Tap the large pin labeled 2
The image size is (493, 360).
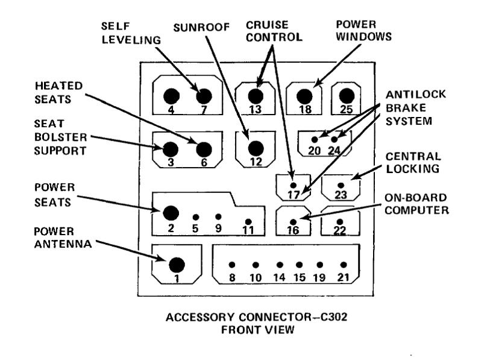(171, 212)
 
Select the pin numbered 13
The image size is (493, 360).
(256, 96)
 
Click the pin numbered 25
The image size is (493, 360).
(345, 96)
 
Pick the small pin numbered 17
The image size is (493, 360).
(294, 185)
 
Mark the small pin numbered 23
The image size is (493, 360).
(341, 185)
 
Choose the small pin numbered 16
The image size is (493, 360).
(294, 221)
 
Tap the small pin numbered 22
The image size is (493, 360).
(340, 221)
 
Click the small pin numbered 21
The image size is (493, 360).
(344, 265)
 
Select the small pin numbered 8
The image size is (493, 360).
(232, 265)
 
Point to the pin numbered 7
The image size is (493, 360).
(204, 96)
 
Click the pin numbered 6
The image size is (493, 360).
(204, 149)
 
